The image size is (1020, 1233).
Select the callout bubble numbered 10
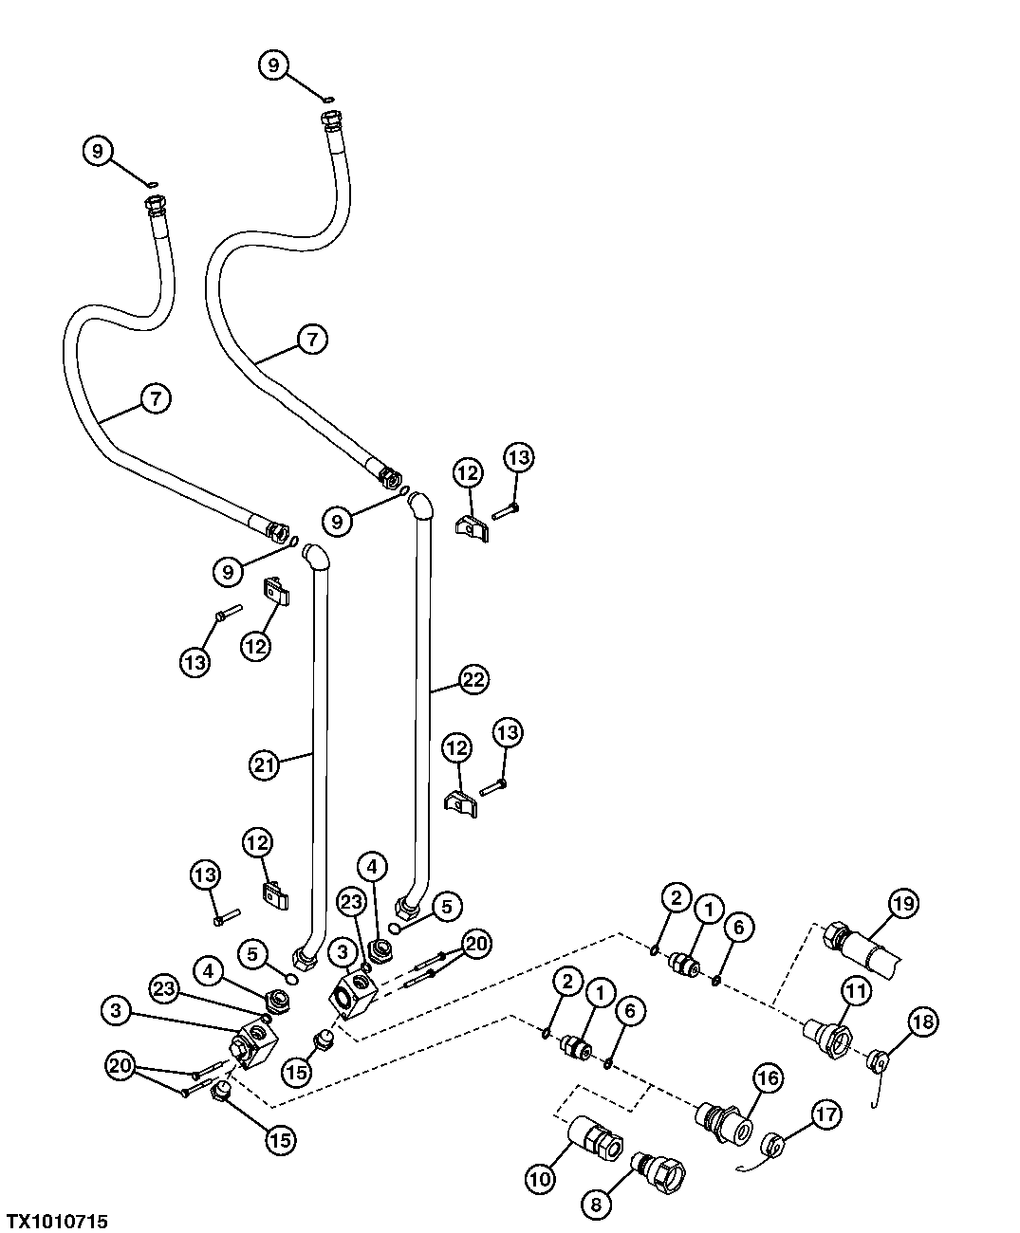(x=540, y=1178)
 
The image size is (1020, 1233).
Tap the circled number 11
(x=856, y=992)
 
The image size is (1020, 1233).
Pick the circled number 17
(x=825, y=1113)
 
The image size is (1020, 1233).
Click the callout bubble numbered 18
(x=923, y=1021)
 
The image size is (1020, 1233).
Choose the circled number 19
(x=902, y=904)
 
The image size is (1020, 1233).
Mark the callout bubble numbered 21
(x=266, y=764)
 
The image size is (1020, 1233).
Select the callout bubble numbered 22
(x=473, y=679)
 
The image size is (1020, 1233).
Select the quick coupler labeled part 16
(x=723, y=1123)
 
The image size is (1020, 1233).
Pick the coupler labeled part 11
(x=825, y=1034)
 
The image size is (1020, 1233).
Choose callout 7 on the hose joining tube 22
(x=312, y=338)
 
